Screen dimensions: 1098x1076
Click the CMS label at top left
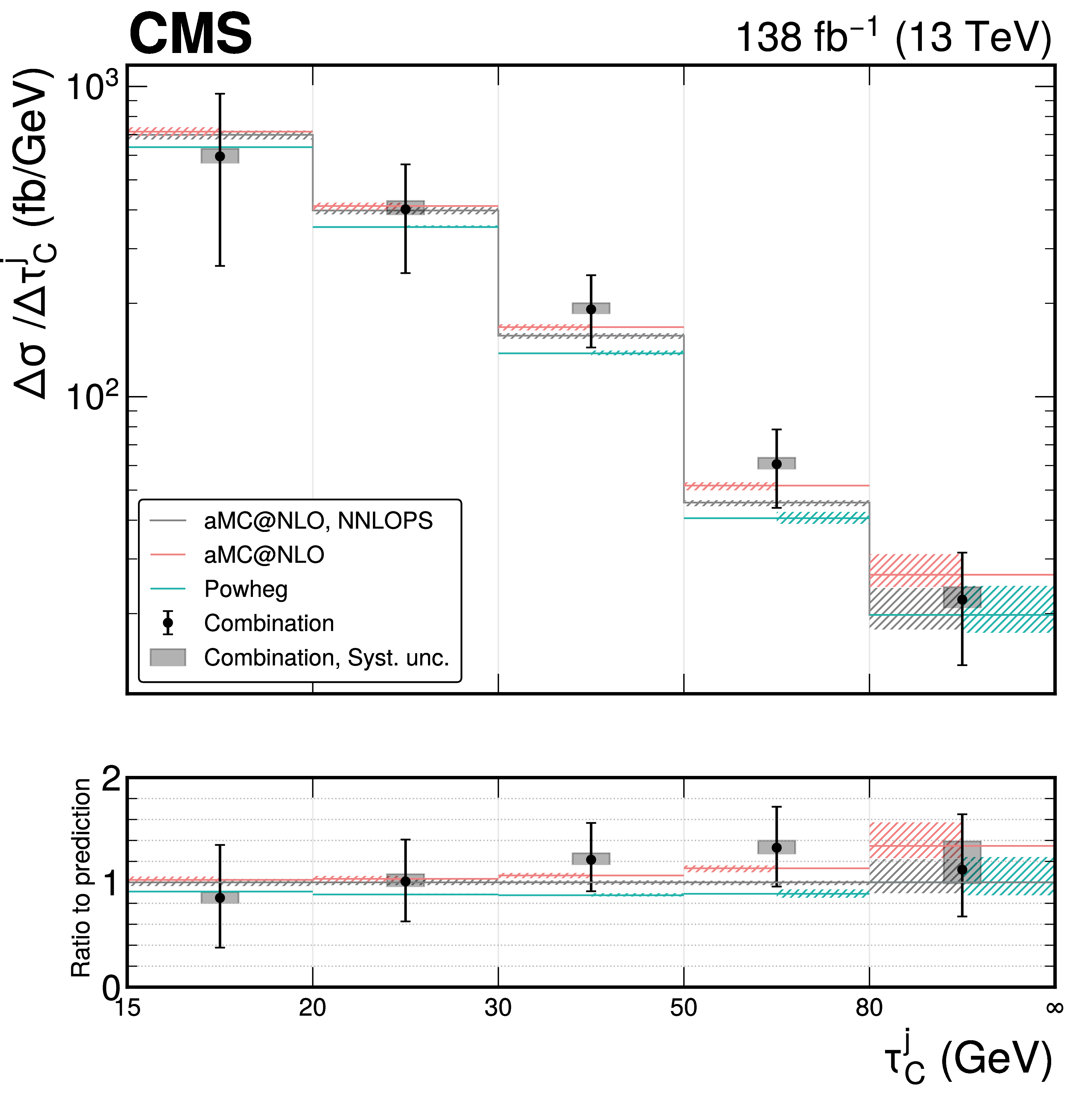(x=190, y=35)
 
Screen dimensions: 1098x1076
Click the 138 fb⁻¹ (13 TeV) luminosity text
(x=893, y=37)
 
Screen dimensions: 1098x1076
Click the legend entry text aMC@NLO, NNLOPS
(x=318, y=521)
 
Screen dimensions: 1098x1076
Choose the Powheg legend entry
(x=246, y=589)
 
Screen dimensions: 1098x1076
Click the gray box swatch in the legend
(x=168, y=657)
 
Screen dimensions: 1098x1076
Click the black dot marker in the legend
(x=168, y=623)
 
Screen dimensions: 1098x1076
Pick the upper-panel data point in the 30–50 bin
(x=591, y=309)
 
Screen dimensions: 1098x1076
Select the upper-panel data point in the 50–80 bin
(x=776, y=464)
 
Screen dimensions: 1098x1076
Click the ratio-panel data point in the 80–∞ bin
(x=962, y=869)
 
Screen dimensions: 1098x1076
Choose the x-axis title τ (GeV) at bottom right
(x=967, y=1060)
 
